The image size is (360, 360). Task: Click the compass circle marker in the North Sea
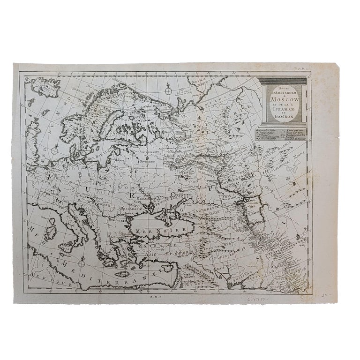55,150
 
